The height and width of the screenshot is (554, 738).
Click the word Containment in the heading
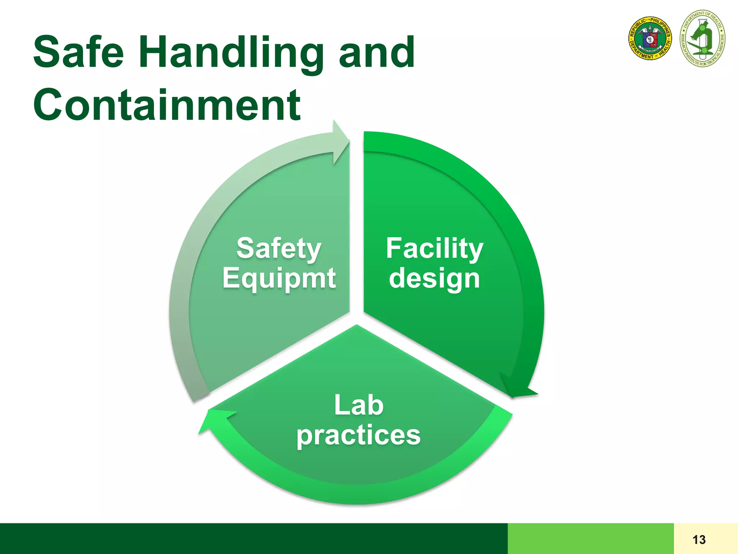[x=166, y=105]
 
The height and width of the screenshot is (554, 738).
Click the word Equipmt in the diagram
[x=279, y=279]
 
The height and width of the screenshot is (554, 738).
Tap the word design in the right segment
[x=434, y=279]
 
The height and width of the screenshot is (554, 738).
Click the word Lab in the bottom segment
[x=359, y=405]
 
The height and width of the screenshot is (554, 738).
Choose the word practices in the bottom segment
[x=359, y=435]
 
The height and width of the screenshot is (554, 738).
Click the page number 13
[x=699, y=540]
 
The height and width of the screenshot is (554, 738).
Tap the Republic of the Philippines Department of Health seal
[x=650, y=38]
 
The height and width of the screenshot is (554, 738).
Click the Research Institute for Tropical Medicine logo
[x=702, y=39]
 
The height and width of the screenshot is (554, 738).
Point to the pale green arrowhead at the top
[x=339, y=142]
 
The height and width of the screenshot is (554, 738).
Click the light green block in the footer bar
[x=590, y=538]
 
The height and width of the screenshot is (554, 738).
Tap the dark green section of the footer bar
[x=252, y=538]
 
